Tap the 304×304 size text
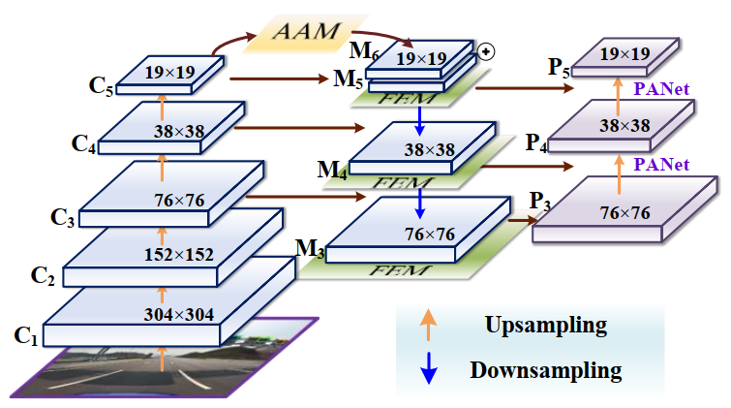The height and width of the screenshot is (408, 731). click(x=181, y=313)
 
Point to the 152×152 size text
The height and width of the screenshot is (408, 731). click(x=180, y=254)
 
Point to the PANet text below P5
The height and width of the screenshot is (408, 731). click(x=661, y=89)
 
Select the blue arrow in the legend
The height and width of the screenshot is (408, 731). click(x=428, y=369)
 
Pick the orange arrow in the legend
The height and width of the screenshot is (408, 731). click(x=428, y=323)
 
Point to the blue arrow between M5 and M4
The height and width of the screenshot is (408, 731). click(x=419, y=117)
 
